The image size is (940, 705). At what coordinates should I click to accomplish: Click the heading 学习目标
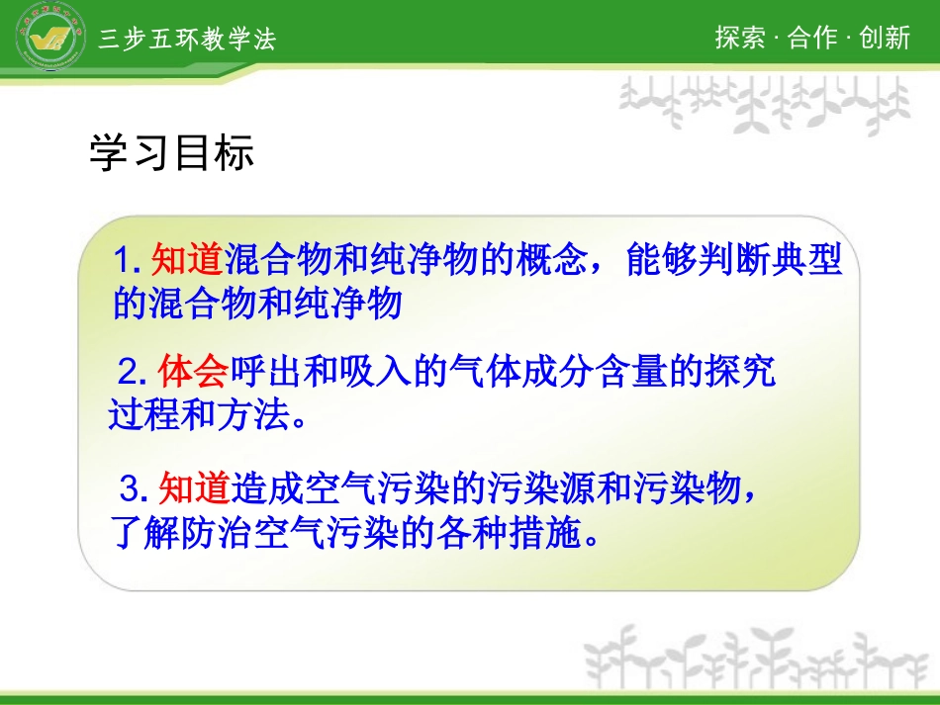click(x=172, y=153)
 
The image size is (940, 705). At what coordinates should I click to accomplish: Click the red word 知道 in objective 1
click(x=188, y=262)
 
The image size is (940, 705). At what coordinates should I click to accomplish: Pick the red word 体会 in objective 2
click(x=194, y=373)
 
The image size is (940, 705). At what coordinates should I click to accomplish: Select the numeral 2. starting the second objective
click(x=136, y=374)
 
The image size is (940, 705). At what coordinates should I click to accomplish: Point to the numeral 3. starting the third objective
click(x=136, y=488)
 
